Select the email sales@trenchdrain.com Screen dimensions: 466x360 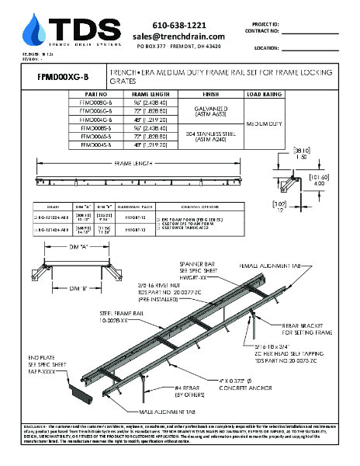[x=178, y=37]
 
